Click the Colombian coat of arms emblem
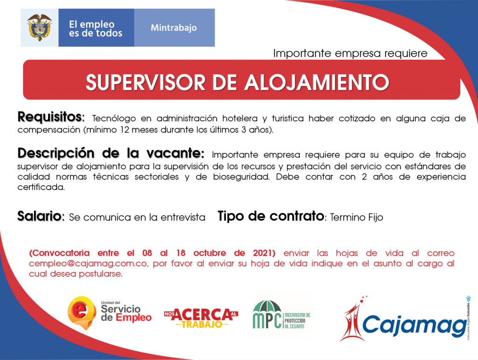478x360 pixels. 39,28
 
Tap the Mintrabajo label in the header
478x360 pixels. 174,28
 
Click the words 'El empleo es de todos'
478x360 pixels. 95,28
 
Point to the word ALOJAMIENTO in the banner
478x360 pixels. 317,82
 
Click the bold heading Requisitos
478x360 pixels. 51,117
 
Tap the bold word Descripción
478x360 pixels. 56,153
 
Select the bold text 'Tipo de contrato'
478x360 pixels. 271,216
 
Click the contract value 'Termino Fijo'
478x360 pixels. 356,217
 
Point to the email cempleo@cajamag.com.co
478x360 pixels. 88,263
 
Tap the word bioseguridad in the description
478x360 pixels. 241,177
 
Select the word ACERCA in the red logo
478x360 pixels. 202,315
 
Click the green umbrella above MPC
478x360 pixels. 267,306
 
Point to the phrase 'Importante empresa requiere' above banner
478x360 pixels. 350,53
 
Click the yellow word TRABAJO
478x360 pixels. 202,325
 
